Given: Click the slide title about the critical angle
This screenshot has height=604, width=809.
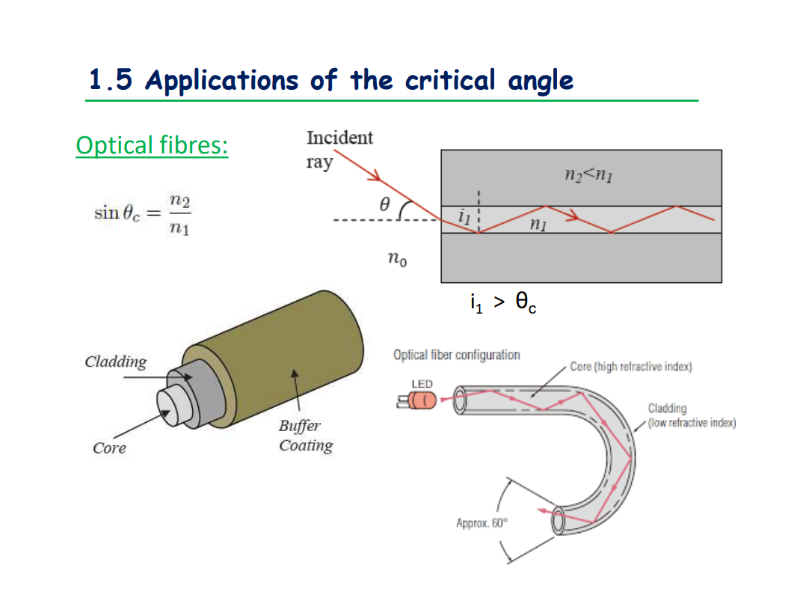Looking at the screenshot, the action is tap(330, 79).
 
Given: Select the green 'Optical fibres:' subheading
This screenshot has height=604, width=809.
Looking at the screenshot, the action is tap(152, 144).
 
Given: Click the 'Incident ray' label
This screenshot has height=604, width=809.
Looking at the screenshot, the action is tap(339, 150).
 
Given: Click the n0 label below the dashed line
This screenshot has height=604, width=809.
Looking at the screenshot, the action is tap(397, 260).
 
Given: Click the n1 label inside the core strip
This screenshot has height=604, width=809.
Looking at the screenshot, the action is tap(537, 223).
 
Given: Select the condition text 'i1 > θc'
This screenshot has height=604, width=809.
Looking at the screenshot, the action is tap(502, 302).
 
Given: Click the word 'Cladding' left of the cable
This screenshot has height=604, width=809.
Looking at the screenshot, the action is tap(116, 362).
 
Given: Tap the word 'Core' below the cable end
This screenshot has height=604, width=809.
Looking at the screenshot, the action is tap(109, 448).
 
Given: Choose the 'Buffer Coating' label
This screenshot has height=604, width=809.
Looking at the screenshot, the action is tap(304, 436).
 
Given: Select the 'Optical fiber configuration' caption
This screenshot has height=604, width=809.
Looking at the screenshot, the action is tap(456, 355).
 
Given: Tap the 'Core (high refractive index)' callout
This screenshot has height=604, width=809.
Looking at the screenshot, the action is tap(631, 367).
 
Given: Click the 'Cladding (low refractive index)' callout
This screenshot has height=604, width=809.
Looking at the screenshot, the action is tap(692, 416).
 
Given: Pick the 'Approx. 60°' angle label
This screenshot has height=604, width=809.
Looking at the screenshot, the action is tap(482, 522).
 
